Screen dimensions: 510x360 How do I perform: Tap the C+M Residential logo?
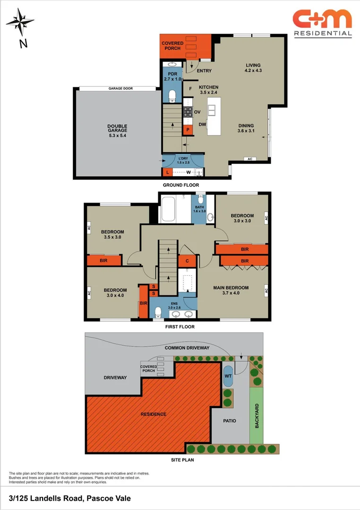322,23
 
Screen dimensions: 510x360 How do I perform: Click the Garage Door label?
118,88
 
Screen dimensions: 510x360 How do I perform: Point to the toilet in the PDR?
171,96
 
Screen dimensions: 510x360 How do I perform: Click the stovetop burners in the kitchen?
187,112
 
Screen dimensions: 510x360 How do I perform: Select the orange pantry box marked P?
187,129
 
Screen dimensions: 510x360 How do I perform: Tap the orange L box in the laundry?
167,172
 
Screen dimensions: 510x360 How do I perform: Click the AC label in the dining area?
249,159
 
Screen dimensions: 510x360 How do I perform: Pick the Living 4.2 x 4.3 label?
253,68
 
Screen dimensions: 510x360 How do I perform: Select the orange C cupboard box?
187,261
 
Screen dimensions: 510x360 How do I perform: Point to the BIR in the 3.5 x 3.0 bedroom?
104,260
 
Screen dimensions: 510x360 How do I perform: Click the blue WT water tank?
228,376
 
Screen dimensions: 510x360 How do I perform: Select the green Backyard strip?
257,416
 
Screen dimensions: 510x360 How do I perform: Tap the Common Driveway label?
187,348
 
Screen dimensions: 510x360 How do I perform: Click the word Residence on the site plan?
153,414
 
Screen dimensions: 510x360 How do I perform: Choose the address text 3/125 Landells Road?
70,498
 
